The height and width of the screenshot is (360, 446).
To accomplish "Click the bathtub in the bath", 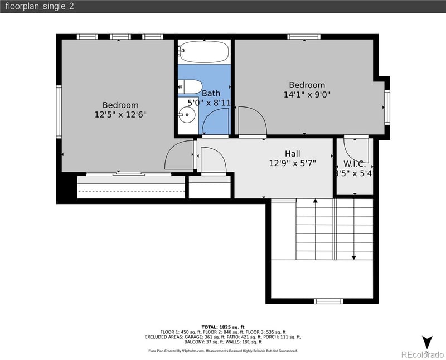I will pyautogui.click(x=204, y=51).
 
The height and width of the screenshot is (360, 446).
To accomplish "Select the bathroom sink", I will pyautogui.click(x=187, y=116).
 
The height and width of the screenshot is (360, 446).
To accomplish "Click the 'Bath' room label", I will pyautogui.click(x=211, y=94).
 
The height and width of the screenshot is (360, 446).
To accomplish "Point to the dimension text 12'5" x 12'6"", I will pyautogui.click(x=120, y=114).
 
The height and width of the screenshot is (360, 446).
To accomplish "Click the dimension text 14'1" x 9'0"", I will pyautogui.click(x=307, y=95).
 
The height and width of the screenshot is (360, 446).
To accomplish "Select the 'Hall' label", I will pyautogui.click(x=292, y=154).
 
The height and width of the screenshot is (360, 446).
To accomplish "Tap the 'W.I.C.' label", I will pyautogui.click(x=355, y=164).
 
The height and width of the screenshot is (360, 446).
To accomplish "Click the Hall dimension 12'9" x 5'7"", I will pyautogui.click(x=292, y=163).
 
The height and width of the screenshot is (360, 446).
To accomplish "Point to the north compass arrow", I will pyautogui.click(x=427, y=342).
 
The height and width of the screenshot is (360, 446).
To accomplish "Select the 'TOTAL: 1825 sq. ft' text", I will pyautogui.click(x=223, y=327).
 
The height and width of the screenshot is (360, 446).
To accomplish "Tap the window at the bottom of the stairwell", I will pyautogui.click(x=328, y=301).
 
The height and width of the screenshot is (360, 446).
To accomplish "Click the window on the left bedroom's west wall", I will pyautogui.click(x=59, y=111).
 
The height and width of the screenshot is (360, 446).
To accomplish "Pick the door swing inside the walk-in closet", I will pyautogui.click(x=355, y=149).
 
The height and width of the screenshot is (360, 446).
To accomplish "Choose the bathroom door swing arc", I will pyautogui.click(x=216, y=121).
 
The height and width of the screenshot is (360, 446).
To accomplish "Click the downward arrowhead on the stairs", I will pyautogui.click(x=354, y=257).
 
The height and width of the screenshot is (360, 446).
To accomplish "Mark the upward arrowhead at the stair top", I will pyautogui.click(x=316, y=200).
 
